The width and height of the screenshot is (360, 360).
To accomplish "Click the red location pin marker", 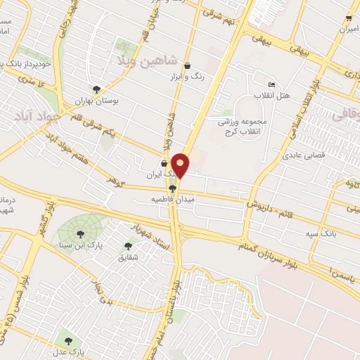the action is pyautogui.click(x=181, y=165).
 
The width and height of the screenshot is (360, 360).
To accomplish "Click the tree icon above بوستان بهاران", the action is pyautogui.click(x=96, y=89).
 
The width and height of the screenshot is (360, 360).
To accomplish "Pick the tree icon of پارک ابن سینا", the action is pyautogui.click(x=79, y=233).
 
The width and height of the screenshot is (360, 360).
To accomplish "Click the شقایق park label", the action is pyautogui.click(x=127, y=257).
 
